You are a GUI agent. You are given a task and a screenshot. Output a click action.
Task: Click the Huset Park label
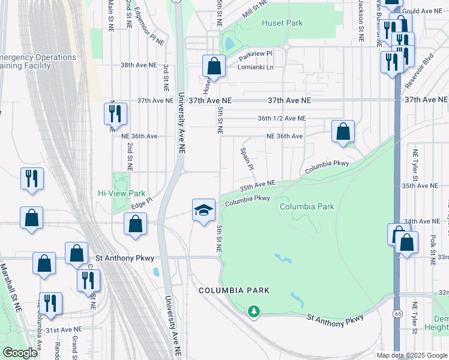click(x=282, y=23)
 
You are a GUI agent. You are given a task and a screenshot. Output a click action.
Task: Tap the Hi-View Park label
click(x=122, y=194)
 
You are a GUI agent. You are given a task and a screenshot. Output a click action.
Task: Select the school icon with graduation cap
click(x=203, y=210)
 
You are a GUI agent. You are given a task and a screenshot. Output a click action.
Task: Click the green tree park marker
click(x=255, y=311)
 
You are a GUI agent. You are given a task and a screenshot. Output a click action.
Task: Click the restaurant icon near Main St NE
click(x=113, y=113)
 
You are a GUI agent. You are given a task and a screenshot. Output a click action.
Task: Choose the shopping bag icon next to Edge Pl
click(x=136, y=224)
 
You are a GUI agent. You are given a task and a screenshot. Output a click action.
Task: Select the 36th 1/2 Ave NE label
click(x=282, y=119)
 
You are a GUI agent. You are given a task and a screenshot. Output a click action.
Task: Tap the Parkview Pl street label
click(x=255, y=54)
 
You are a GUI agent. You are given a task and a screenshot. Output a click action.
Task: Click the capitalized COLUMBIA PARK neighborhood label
click(x=234, y=290)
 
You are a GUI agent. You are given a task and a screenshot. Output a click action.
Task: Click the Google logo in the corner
click(x=20, y=353)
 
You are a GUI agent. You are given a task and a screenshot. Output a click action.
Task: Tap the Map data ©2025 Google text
click(x=411, y=355)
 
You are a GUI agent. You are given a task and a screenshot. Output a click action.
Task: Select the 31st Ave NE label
click(x=62, y=329)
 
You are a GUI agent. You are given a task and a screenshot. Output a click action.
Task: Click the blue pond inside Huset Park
click(x=229, y=44)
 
